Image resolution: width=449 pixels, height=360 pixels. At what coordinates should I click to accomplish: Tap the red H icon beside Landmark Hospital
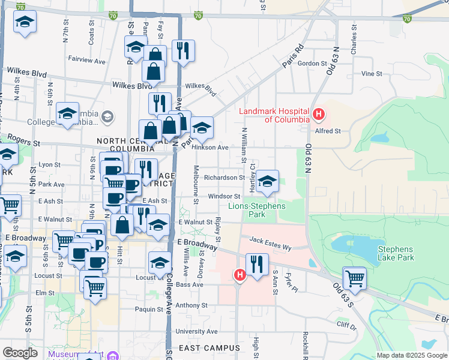(319, 113)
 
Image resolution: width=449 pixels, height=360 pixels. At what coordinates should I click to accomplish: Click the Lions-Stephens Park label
(257, 210)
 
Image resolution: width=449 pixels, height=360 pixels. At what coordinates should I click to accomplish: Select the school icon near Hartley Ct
(268, 181)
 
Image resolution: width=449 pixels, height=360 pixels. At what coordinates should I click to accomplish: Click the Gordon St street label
(312, 64)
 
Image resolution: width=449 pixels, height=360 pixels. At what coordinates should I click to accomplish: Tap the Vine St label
(372, 74)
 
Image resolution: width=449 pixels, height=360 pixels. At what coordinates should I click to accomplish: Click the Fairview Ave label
(86, 61)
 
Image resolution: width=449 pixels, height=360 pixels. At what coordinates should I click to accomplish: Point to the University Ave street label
(196, 331)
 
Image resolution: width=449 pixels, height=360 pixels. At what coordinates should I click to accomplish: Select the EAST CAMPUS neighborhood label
(209, 348)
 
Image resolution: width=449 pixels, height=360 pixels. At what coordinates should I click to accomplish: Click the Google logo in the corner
(20, 353)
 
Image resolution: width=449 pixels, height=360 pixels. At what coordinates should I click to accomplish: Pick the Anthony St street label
(191, 305)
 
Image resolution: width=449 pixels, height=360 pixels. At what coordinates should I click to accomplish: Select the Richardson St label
(224, 178)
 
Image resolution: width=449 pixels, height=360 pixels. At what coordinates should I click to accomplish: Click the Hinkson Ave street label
(214, 147)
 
